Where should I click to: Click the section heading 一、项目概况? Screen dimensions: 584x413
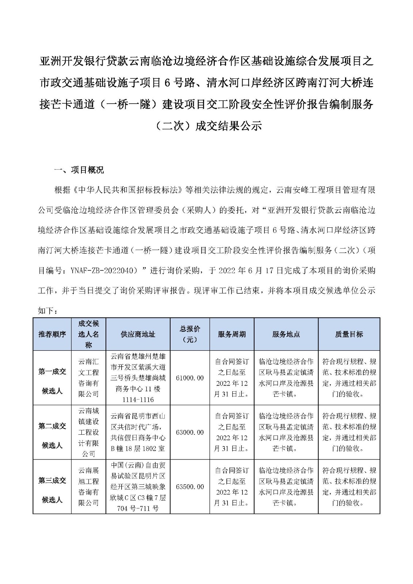79,170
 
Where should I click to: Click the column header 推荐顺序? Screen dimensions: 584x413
52,334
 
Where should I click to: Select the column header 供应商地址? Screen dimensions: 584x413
138,334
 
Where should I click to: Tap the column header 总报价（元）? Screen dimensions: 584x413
190,334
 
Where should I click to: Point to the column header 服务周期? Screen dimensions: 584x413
232,334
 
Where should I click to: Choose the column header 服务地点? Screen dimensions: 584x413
286,334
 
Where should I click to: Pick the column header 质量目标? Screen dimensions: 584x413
349,334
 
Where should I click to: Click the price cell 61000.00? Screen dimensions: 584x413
190,378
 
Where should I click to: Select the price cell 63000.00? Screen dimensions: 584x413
190,433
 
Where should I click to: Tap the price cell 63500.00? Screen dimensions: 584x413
190,487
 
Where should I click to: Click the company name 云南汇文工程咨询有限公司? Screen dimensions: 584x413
89,378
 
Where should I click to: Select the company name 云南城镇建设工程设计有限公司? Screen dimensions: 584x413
89,433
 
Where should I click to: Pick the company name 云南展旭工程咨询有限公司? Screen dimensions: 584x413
89,487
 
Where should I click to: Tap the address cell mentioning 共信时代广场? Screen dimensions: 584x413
138,433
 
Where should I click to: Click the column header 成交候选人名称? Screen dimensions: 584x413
89,334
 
